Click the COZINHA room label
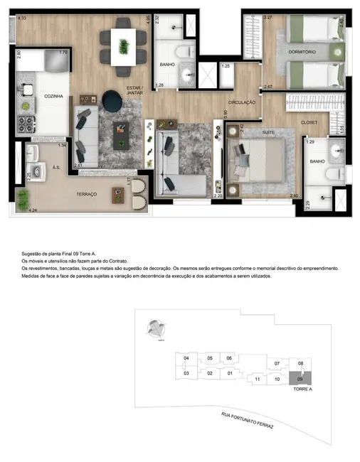(x=34, y=95)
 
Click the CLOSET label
(x=309, y=122)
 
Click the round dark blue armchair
(x=112, y=100)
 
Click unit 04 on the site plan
(x=186, y=358)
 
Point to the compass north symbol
(x=157, y=328)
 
